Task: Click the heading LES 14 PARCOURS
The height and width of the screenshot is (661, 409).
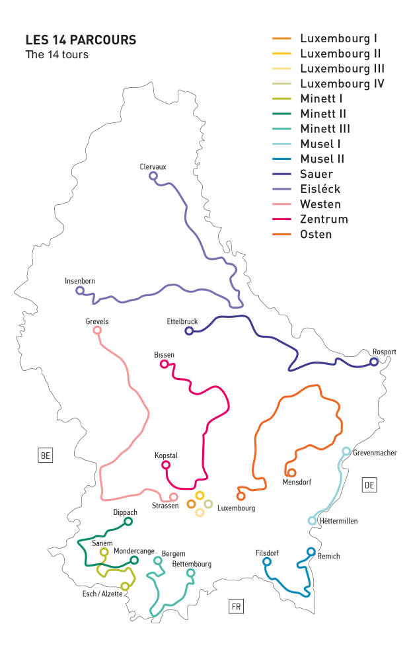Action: (81, 40)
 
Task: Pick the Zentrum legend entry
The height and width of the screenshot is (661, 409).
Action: (323, 219)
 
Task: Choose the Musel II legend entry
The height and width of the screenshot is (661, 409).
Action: (322, 159)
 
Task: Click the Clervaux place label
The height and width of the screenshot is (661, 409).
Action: (153, 167)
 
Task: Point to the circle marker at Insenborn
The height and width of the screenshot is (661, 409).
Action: (80, 291)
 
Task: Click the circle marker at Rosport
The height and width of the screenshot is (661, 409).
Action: (374, 362)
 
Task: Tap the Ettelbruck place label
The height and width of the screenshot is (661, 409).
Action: (182, 321)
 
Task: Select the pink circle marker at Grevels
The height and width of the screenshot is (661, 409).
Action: (97, 330)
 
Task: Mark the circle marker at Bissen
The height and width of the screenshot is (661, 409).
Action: (165, 364)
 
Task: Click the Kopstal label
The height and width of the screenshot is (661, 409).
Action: (166, 456)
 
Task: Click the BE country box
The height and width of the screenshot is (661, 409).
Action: (45, 455)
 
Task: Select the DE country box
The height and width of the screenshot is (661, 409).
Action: (369, 485)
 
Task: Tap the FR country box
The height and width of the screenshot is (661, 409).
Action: (236, 607)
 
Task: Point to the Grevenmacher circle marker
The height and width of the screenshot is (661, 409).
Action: (346, 451)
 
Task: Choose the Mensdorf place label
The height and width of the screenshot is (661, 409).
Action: (297, 483)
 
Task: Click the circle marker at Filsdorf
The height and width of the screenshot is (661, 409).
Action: (267, 562)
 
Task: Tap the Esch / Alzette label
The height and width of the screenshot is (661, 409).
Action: (97, 594)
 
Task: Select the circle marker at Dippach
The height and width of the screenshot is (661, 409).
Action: (128, 522)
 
